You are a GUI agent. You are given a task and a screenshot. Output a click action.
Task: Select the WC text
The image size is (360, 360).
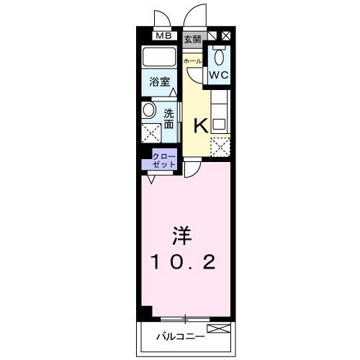click(219, 74)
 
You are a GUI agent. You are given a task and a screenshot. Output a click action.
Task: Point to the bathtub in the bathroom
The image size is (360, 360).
click(160, 58)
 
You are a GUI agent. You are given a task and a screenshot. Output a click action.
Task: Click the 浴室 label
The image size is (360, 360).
click(159, 83)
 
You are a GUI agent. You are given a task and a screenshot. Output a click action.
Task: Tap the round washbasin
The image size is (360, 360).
click(149, 111)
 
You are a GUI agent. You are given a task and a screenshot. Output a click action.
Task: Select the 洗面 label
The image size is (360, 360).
click(168, 118)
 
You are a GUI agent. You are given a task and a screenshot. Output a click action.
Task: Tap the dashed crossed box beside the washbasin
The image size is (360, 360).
click(150, 133)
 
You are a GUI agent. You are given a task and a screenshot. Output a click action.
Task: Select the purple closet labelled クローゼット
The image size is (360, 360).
click(163, 159)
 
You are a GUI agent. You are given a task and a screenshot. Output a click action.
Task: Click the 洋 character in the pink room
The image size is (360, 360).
click(181, 235)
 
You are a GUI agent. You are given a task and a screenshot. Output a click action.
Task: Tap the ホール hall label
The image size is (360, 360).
click(192, 61)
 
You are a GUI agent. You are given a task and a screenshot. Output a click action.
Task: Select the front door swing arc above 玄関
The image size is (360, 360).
click(192, 16)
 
